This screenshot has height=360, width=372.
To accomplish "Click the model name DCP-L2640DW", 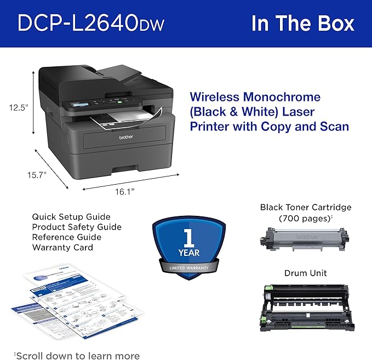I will tap(90, 24).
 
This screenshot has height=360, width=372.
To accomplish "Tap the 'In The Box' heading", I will tap(302, 24).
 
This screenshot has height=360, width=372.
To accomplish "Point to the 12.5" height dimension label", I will tap(18, 108).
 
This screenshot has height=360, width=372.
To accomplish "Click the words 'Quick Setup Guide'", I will tap(71, 217).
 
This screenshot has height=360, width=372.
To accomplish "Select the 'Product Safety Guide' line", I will tap(77, 227).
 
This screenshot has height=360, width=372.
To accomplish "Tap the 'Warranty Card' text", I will tap(62, 247).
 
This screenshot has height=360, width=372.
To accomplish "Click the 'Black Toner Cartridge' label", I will tap(306, 207).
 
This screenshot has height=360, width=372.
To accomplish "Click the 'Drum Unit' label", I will tap(305, 272).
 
